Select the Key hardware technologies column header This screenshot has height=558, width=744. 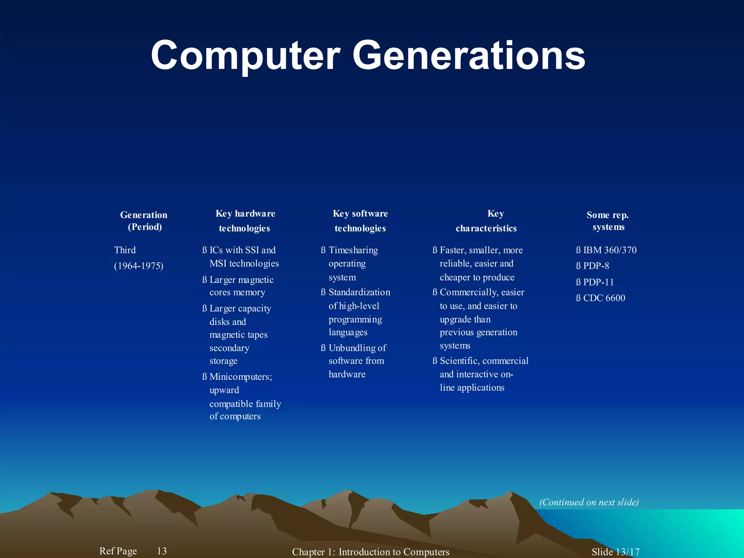[245, 221]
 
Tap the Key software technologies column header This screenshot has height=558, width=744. [360, 221]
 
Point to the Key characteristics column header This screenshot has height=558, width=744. [486, 221]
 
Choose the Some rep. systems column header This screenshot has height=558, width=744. [608, 221]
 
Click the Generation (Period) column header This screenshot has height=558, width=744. [144, 221]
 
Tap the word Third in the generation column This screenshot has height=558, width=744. [125, 250]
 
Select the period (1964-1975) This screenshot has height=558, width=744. [138, 266]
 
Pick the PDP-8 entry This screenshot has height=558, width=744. [596, 266]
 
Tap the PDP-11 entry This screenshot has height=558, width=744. [598, 282]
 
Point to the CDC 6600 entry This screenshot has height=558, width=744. [604, 298]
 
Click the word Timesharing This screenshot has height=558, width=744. [353, 250]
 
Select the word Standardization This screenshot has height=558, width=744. [359, 292]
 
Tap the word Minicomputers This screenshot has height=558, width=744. [240, 377]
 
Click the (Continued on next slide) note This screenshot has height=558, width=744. [589, 502]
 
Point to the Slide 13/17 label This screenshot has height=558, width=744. [615, 552]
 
